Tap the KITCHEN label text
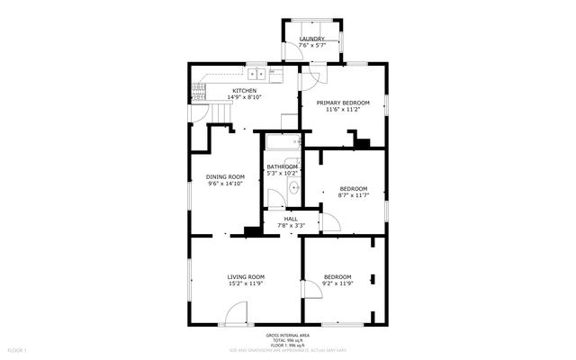tap(245, 91)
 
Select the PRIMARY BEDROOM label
tap(342, 103)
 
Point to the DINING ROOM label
tap(225, 176)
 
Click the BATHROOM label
tap(282, 166)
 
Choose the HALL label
tap(291, 219)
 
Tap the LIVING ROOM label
tap(245, 276)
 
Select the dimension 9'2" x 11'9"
tap(337, 283)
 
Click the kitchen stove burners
tap(199, 90)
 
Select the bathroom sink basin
tap(292, 187)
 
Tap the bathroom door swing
tap(275, 200)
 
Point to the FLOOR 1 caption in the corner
tap(17, 348)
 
